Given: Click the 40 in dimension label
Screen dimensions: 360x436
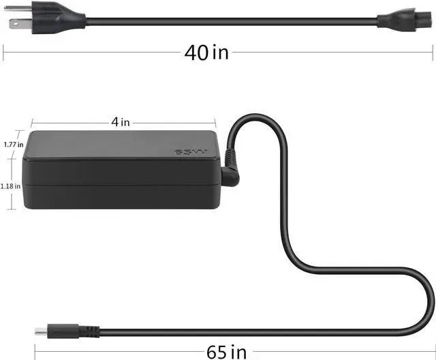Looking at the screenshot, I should (x=206, y=53).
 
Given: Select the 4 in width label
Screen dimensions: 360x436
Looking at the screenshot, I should (x=121, y=122).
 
